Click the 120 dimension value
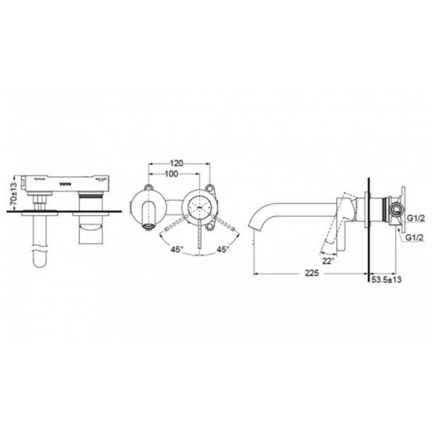coord(177,163)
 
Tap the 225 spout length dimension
coord(311,274)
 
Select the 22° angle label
coord(329,261)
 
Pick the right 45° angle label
coord(222,250)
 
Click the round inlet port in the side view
coord(396,209)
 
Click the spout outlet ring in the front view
coord(148,225)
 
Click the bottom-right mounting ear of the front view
coord(210,223)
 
